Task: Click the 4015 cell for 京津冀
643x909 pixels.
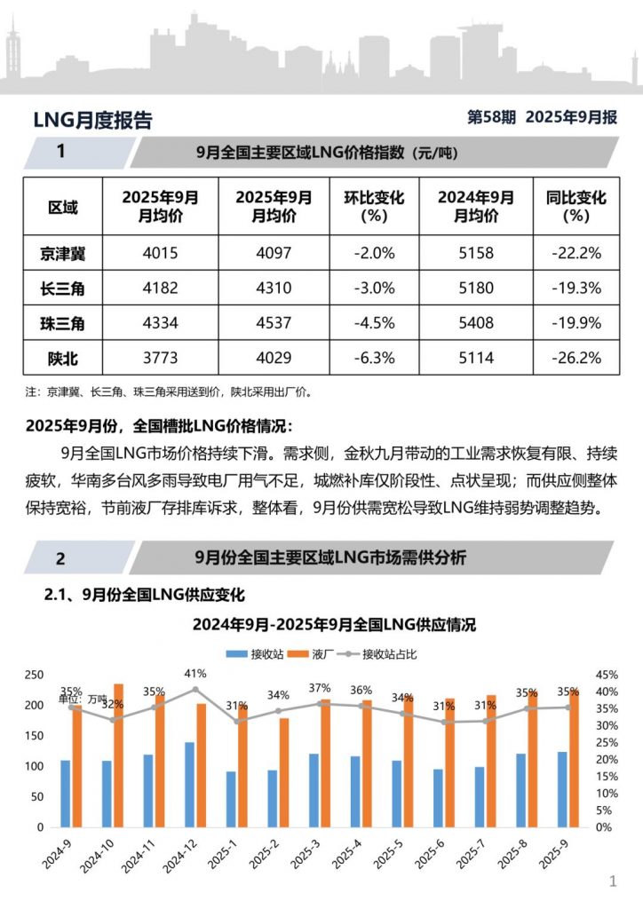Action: click(x=161, y=253)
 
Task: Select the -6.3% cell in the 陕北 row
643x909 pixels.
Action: click(x=374, y=358)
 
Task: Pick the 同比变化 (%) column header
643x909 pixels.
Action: click(x=576, y=207)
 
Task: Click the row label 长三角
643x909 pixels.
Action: click(x=62, y=288)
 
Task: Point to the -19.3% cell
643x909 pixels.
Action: click(x=576, y=288)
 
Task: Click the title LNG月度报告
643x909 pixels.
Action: click(x=92, y=121)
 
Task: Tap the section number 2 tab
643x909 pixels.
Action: click(x=60, y=558)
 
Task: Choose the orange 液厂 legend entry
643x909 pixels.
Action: click(x=323, y=654)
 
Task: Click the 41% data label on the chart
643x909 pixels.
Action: click(x=196, y=674)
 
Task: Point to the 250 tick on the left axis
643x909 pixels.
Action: click(x=33, y=676)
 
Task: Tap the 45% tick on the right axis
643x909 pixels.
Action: click(x=602, y=676)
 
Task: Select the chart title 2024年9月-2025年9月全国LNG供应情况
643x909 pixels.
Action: click(x=334, y=625)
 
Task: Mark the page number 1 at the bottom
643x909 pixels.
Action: click(x=613, y=881)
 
